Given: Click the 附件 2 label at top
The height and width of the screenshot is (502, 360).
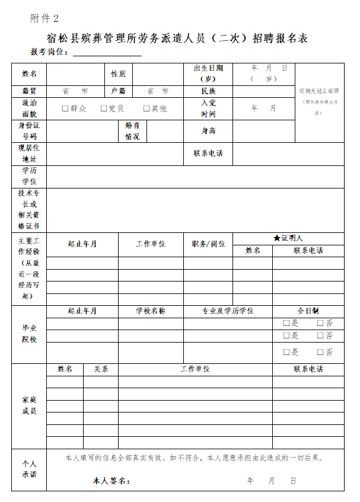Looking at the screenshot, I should (44, 18).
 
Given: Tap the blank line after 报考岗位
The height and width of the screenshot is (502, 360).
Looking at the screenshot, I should (107, 52).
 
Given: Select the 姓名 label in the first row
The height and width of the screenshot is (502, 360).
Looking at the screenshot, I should (29, 74).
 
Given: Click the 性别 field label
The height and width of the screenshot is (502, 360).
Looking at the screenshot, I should (118, 74).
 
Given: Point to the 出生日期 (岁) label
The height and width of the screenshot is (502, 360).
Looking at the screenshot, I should (208, 73).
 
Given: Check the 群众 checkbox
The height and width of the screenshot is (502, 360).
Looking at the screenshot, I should (66, 108).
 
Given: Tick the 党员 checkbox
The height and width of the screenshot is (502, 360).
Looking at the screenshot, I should (104, 108).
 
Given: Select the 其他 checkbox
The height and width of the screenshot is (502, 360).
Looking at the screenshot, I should (146, 108).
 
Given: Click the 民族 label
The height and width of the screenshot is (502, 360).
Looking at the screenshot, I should (208, 91).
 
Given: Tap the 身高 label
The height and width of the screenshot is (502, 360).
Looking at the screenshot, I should (208, 131).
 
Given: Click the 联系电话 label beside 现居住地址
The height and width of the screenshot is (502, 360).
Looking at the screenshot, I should (208, 153).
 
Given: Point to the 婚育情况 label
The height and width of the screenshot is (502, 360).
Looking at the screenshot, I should (132, 131).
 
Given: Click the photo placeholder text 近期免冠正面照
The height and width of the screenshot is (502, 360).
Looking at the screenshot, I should (319, 91).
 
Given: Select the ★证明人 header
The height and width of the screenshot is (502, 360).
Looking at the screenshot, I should (288, 238).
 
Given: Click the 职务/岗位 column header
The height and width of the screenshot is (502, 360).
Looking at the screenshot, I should (208, 244).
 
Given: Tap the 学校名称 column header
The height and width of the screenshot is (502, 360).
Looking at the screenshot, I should (151, 311).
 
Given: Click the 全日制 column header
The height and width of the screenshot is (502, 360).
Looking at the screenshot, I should (308, 311).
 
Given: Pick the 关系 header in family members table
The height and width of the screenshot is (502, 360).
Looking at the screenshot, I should (101, 369).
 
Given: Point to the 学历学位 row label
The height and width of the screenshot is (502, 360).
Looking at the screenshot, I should (29, 175).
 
